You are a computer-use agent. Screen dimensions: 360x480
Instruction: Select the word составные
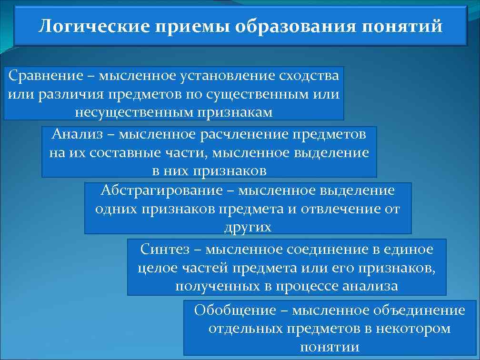tap(120, 153)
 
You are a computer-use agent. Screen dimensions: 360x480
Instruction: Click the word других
tap(248, 227)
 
